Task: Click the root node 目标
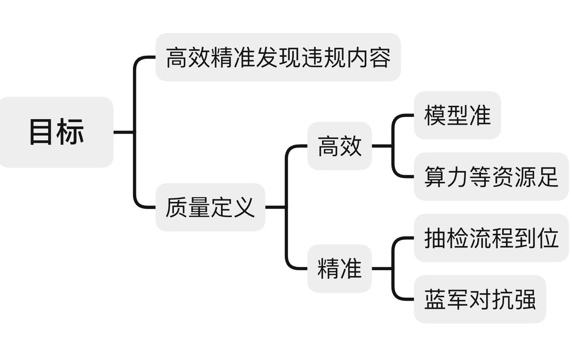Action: tap(56, 132)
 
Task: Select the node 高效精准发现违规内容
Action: tap(278, 57)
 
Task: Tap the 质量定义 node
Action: tap(210, 207)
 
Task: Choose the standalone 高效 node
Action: tap(339, 146)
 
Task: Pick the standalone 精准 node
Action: tap(339, 268)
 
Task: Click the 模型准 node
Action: tap(457, 115)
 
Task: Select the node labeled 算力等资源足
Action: tap(491, 177)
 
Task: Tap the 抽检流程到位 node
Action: tap(491, 238)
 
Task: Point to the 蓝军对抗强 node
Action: tap(480, 299)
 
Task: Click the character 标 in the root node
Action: tap(71, 132)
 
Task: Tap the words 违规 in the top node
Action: tap(323, 58)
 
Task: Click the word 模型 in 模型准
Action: tap(446, 115)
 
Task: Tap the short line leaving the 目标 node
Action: tap(124, 132)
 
